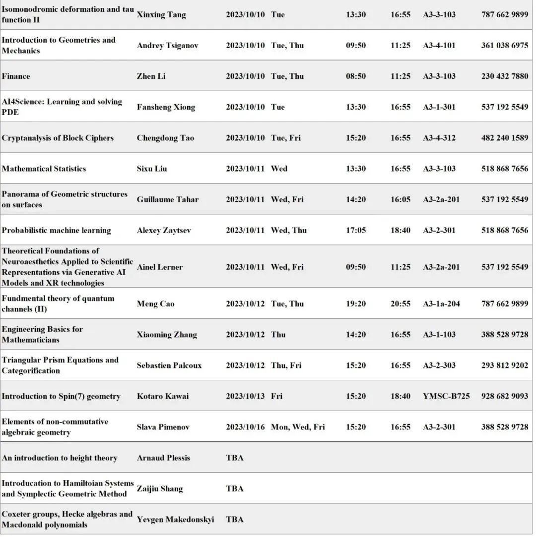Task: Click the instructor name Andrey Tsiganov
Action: click(167, 46)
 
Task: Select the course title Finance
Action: click(16, 76)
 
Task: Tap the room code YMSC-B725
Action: click(446, 396)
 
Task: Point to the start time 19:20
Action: click(356, 303)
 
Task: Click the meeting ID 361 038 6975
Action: click(504, 46)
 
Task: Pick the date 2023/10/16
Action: click(245, 427)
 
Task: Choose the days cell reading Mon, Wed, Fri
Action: click(298, 427)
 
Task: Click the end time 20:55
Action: click(400, 303)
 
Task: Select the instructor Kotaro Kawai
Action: click(163, 396)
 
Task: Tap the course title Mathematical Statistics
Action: click(44, 169)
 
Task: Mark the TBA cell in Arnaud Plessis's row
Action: click(235, 458)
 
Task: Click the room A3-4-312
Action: click(439, 138)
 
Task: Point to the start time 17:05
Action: click(356, 230)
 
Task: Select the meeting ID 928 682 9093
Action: click(504, 396)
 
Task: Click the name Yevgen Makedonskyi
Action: click(175, 519)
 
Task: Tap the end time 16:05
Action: click(400, 199)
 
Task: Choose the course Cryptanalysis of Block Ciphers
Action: click(58, 138)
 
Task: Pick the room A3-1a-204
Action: click(441, 303)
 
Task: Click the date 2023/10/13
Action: click(245, 396)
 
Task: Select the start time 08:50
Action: click(356, 76)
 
